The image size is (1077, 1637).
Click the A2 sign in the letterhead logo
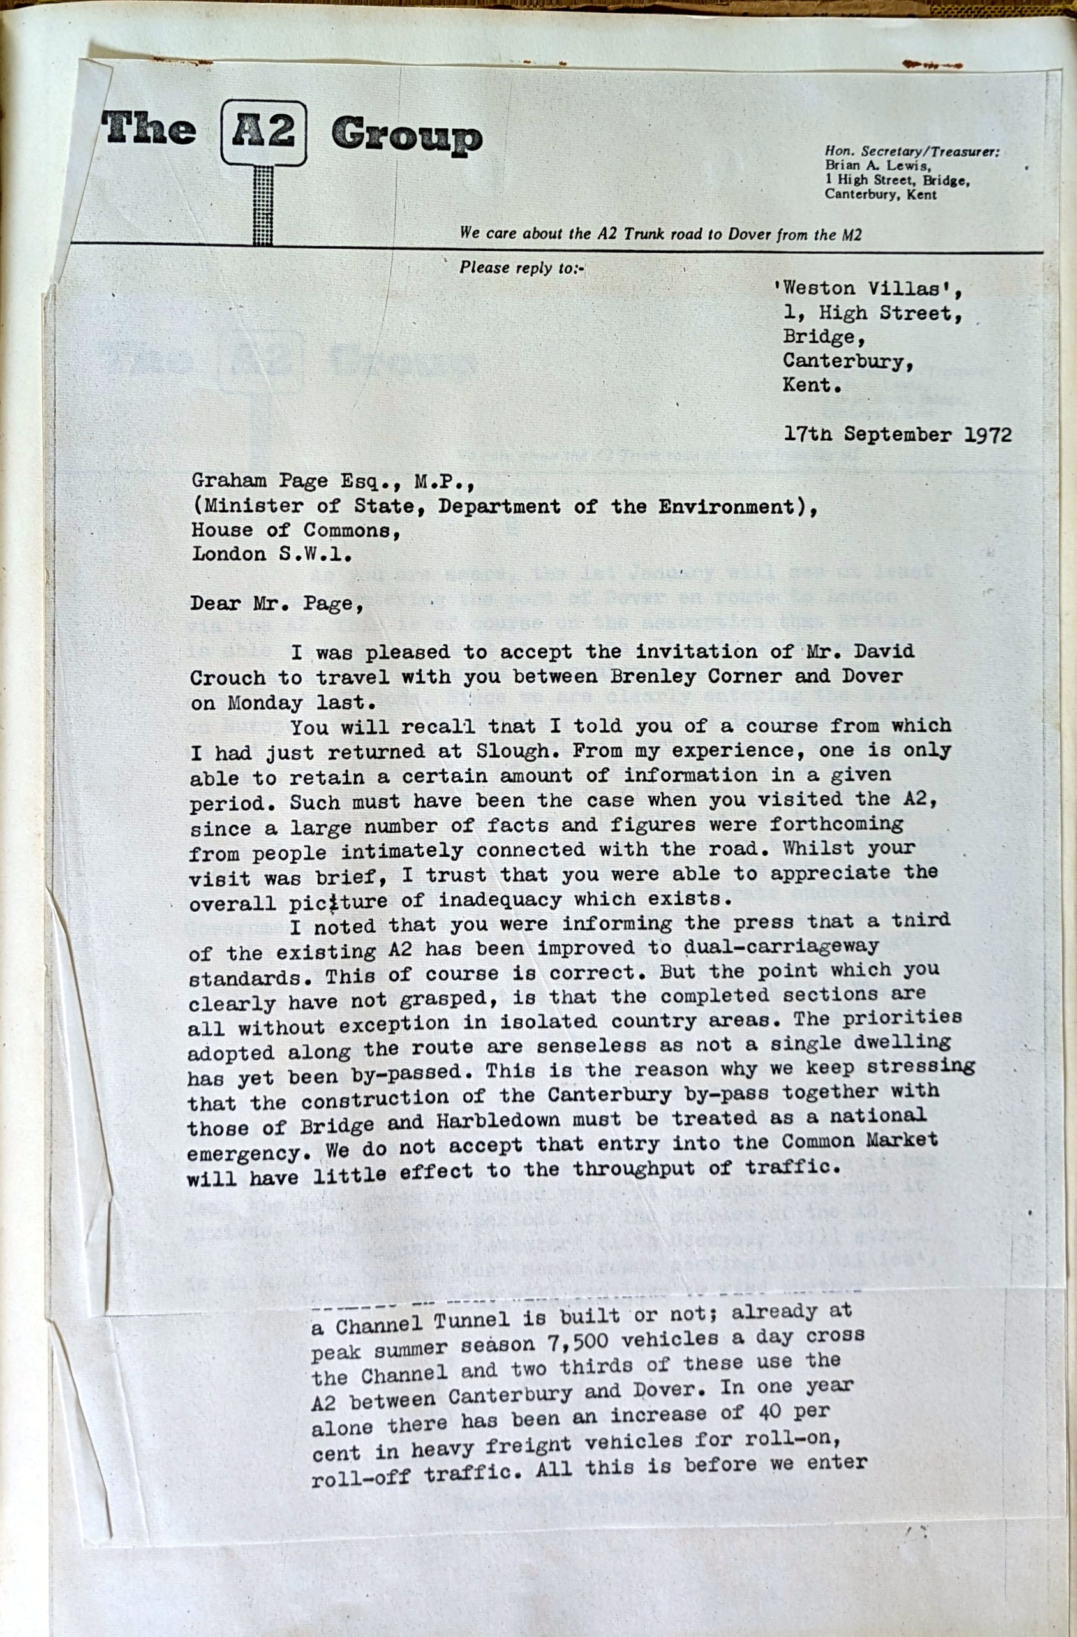coord(264,131)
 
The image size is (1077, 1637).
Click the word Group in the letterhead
coord(406,135)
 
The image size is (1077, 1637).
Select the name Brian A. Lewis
coord(877,166)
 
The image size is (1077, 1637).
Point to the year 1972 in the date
coord(988,434)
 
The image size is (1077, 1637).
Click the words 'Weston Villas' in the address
coord(868,289)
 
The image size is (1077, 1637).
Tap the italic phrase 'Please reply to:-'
coord(521,267)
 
